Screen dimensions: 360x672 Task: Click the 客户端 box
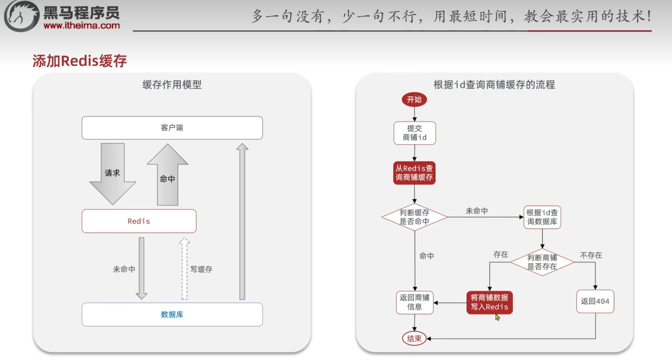tap(172, 128)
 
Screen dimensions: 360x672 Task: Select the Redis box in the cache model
tap(139, 221)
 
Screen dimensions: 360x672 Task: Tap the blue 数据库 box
tap(172, 314)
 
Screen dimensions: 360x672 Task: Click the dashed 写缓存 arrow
tap(184, 268)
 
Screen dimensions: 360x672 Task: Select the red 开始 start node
tap(414, 100)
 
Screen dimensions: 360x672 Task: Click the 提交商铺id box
tap(414, 133)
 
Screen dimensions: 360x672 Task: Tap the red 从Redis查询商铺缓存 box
tap(414, 173)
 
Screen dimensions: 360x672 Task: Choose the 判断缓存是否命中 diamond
tap(414, 217)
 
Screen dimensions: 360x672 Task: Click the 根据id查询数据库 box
tap(542, 217)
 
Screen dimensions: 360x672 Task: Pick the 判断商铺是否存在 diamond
tap(542, 262)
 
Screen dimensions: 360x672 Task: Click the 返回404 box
tap(595, 301)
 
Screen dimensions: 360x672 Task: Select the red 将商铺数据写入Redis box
tap(489, 302)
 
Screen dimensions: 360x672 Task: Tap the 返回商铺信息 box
tap(414, 302)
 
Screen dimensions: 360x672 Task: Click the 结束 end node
tap(414, 338)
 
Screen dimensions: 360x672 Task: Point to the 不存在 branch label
tap(591, 255)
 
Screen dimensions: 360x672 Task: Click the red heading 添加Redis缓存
tap(79, 61)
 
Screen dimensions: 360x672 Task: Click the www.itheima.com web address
tap(82, 25)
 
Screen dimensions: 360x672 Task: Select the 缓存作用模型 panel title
tap(172, 84)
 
